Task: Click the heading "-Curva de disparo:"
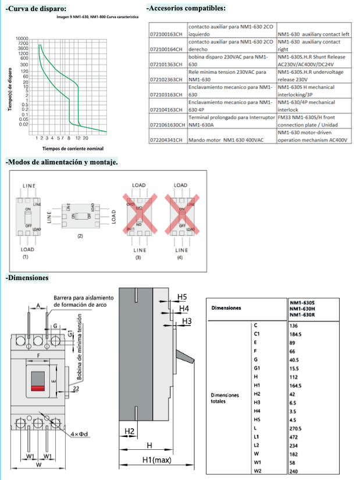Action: [x=35, y=9]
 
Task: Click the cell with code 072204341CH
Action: [x=166, y=140]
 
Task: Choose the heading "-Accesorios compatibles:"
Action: [x=186, y=8]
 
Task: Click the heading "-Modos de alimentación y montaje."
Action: [x=62, y=162]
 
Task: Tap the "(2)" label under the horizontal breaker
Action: [x=80, y=237]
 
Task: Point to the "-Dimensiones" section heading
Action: [x=27, y=278]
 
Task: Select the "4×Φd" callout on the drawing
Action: [x=79, y=434]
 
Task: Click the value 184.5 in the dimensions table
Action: [x=295, y=334]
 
